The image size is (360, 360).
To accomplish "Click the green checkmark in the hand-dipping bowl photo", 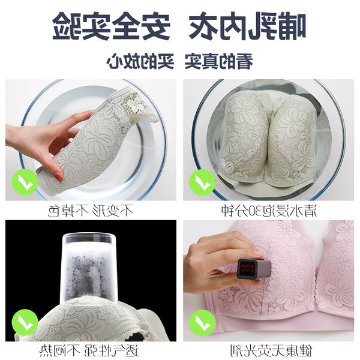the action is (25, 182).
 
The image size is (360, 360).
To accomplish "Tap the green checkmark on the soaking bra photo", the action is (202, 182).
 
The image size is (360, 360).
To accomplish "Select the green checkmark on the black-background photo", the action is (25, 322).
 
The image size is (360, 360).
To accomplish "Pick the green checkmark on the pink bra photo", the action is (202, 322).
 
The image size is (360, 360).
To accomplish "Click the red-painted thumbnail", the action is (59, 176).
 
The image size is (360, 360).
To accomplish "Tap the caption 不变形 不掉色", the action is (91, 211).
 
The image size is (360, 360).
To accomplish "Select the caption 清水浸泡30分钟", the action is (269, 211).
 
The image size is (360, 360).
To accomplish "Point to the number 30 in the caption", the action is (262, 211).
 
